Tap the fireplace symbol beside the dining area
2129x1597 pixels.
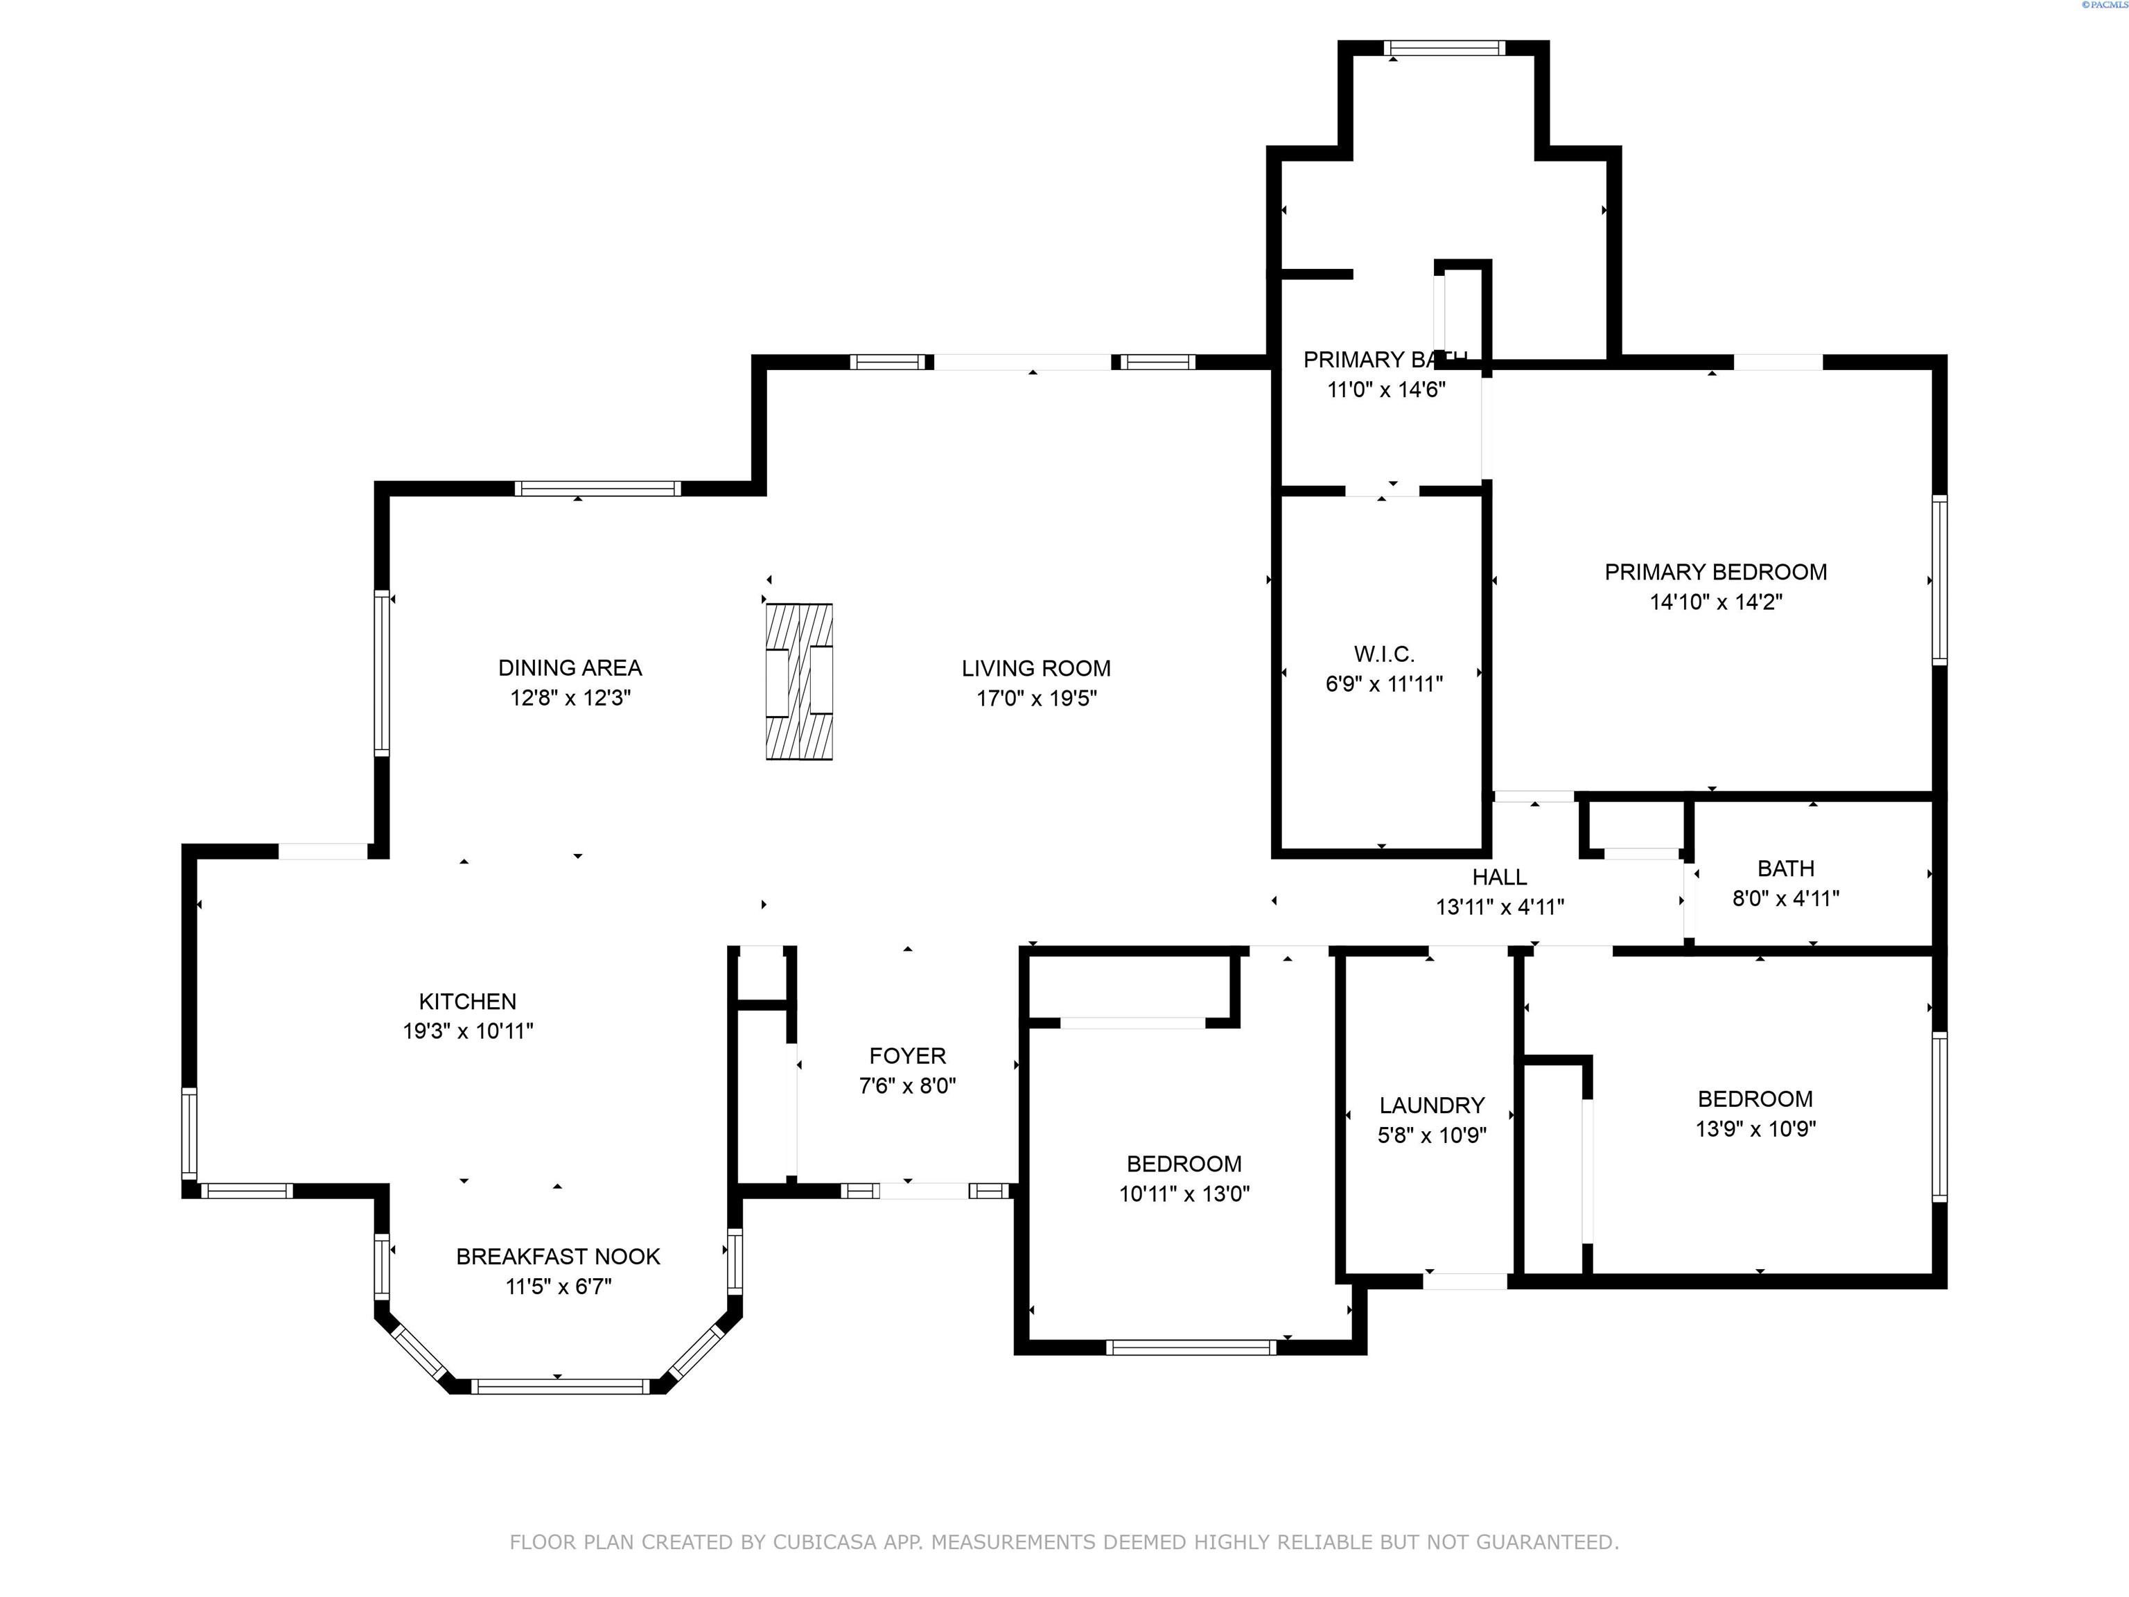(x=799, y=681)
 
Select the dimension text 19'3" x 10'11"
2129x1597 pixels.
(x=468, y=1031)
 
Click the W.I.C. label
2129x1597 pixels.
(x=1384, y=654)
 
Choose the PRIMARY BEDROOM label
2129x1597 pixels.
(x=1715, y=572)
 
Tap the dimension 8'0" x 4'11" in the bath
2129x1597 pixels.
(x=1787, y=898)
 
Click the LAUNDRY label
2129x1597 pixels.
(x=1433, y=1105)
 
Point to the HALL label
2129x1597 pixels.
(x=1500, y=877)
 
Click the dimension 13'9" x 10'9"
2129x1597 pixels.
(x=1755, y=1128)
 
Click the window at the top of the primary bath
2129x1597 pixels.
(x=1444, y=48)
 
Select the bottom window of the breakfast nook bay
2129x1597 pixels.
(x=560, y=1386)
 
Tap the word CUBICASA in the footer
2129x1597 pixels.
(x=825, y=1542)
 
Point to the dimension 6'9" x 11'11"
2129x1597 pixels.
(x=1384, y=684)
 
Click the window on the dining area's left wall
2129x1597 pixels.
(x=382, y=672)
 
